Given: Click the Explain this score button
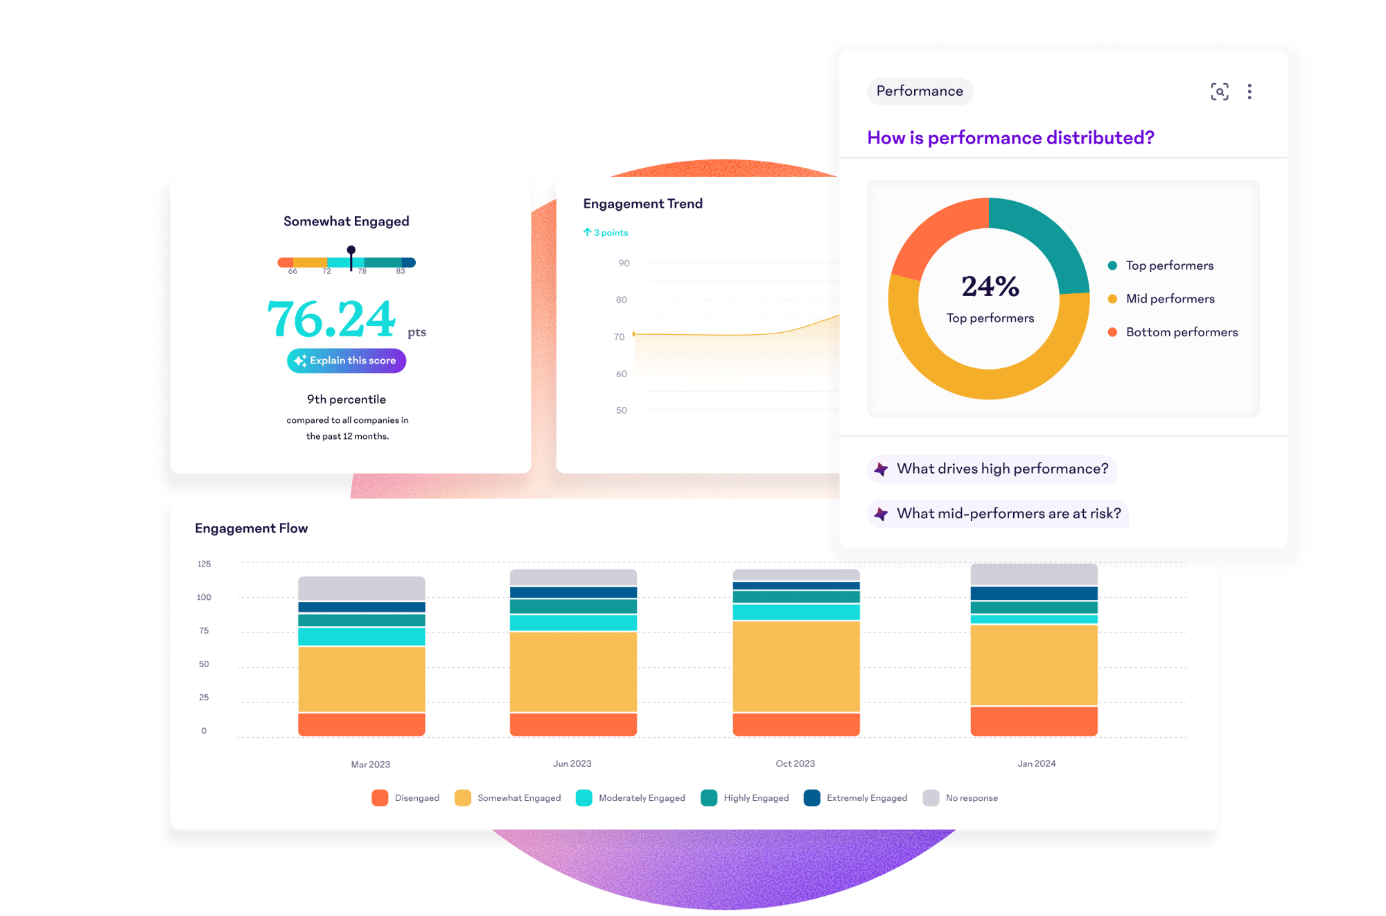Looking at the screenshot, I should (x=346, y=361).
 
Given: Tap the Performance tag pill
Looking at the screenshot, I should (x=920, y=92).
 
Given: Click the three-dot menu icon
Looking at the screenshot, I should (x=1249, y=92).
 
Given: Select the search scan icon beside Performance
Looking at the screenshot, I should (x=1220, y=92).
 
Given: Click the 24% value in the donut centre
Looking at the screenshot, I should (x=990, y=286).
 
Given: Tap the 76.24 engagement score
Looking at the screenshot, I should (x=332, y=320).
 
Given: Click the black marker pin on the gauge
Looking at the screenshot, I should (x=351, y=251).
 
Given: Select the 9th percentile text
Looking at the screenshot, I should (x=346, y=399).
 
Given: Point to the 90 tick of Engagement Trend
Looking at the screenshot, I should (x=624, y=263).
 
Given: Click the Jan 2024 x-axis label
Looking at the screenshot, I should (x=1036, y=763).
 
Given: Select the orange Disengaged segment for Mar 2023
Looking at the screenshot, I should (x=362, y=724).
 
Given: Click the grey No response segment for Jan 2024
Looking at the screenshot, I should (x=1034, y=575).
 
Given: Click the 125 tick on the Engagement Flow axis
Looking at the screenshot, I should (x=204, y=564).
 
